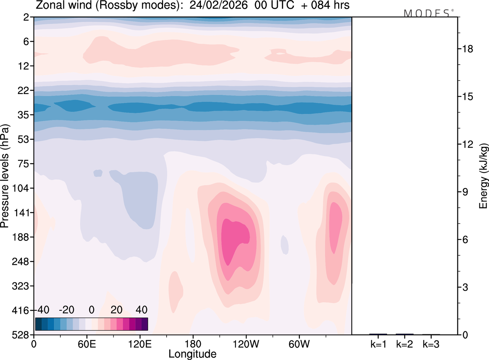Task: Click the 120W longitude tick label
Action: (246, 343)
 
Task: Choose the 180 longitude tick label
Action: (193, 343)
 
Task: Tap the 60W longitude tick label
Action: (299, 343)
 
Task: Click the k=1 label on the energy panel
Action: (378, 344)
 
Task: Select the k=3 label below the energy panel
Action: (431, 344)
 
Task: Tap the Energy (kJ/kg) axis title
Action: (484, 176)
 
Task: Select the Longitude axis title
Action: (193, 354)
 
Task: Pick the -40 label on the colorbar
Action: (42, 309)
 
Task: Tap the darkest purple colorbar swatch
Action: (144, 324)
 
